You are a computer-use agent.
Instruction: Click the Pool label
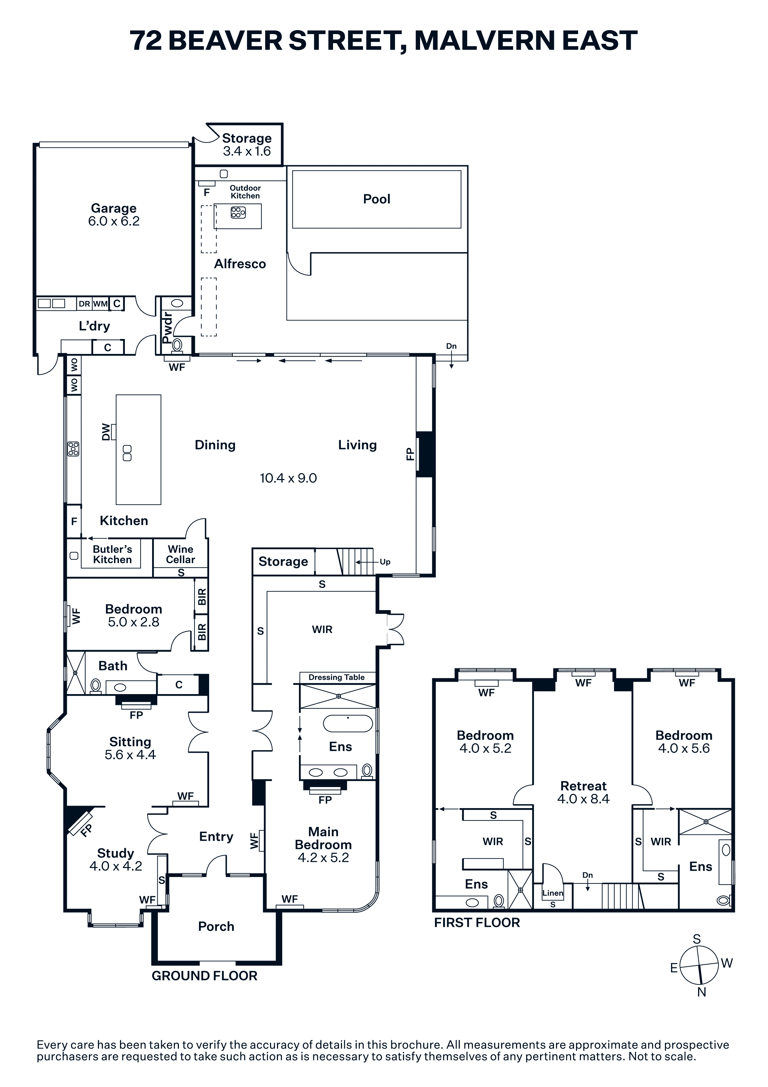point(377,199)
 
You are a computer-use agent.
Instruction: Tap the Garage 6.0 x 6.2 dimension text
point(114,221)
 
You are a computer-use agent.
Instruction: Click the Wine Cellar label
point(180,554)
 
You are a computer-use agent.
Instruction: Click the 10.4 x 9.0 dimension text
point(288,478)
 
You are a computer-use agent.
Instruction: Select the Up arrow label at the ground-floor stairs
point(385,562)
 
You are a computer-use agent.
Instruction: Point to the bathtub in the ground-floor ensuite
point(348,724)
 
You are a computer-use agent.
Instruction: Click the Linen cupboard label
point(553,893)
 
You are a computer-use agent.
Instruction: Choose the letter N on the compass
point(702,992)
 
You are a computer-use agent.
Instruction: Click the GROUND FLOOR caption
point(204,976)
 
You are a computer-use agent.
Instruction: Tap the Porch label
point(216,926)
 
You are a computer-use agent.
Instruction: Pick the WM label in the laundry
point(100,304)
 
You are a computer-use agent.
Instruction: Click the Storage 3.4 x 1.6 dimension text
point(247,151)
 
